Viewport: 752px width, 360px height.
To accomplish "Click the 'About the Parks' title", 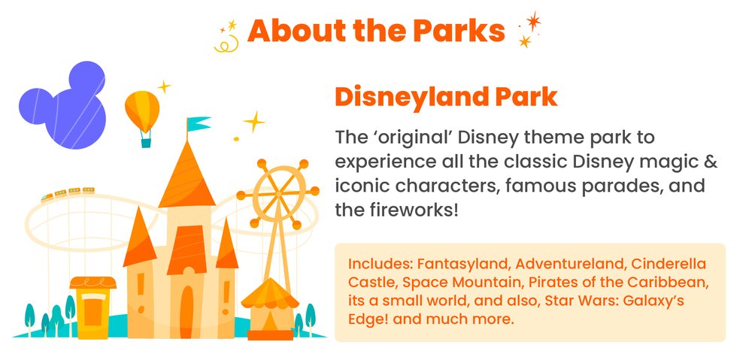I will (x=376, y=31).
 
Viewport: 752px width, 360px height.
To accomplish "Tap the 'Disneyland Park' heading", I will (x=446, y=98).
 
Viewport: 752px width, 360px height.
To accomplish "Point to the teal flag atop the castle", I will (x=198, y=123).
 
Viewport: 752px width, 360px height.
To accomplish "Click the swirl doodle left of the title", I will (x=222, y=44).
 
